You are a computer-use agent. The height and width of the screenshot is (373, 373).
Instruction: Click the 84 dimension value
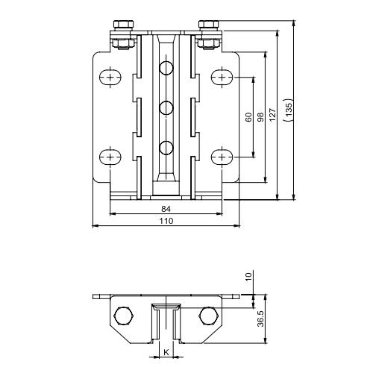166,209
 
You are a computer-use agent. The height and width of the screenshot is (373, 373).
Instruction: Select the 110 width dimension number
166,221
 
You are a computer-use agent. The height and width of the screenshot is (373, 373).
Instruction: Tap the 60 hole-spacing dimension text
248,117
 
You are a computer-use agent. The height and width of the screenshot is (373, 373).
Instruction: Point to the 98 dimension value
260,117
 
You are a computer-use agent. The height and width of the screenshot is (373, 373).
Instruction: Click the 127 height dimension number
272,115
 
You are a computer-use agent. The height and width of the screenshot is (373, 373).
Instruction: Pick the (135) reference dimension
289,110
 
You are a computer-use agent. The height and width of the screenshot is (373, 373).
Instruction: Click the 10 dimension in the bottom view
248,276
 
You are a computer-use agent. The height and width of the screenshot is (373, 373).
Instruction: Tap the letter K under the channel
166,352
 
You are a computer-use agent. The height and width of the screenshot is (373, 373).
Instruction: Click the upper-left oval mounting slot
110,78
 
